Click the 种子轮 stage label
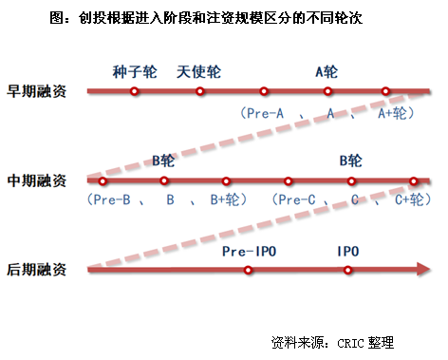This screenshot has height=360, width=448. [x=133, y=71]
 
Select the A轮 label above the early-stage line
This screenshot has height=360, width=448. [x=327, y=71]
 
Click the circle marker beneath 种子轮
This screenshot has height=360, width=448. [x=135, y=92]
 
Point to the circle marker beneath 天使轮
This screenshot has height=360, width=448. [x=199, y=92]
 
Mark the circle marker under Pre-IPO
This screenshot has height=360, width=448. [x=248, y=270]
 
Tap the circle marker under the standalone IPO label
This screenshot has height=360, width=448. [x=347, y=270]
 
